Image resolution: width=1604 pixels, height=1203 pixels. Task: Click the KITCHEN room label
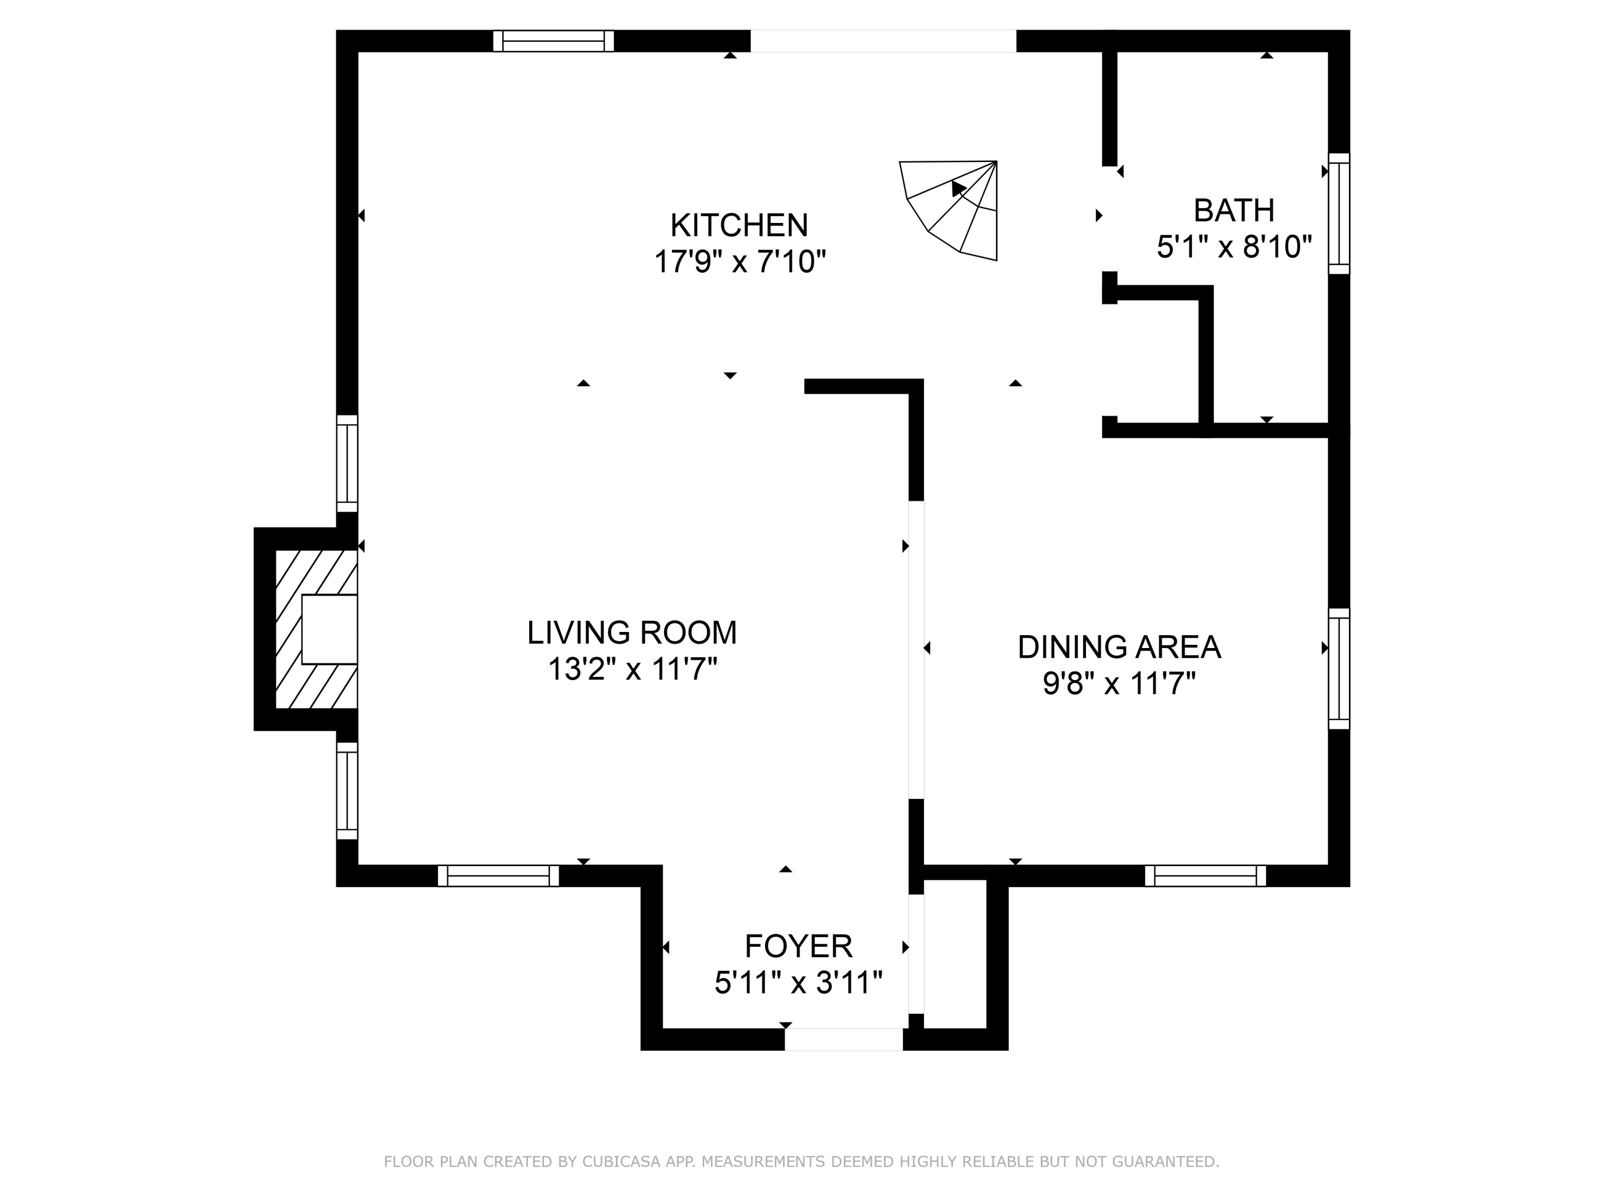tap(738, 226)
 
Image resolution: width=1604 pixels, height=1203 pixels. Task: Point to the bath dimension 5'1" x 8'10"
tap(1233, 247)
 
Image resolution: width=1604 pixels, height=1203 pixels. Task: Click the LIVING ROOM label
tap(631, 633)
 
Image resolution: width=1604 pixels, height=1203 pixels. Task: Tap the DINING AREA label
tap(1119, 647)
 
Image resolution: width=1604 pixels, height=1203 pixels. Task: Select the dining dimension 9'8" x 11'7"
tap(1119, 684)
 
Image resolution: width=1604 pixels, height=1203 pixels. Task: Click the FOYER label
tap(798, 947)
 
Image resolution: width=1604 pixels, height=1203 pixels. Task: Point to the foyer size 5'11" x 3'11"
tap(798, 983)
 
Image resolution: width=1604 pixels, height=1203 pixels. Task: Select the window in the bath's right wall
tap(1339, 214)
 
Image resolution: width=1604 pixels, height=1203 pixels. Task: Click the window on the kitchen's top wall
tap(553, 41)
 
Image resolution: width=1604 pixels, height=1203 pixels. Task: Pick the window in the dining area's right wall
tap(1339, 668)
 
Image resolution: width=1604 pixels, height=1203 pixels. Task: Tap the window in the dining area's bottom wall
tap(1205, 876)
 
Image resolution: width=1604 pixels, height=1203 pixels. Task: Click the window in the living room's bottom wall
tap(498, 876)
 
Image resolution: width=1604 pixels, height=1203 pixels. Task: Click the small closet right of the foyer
tap(954, 953)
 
